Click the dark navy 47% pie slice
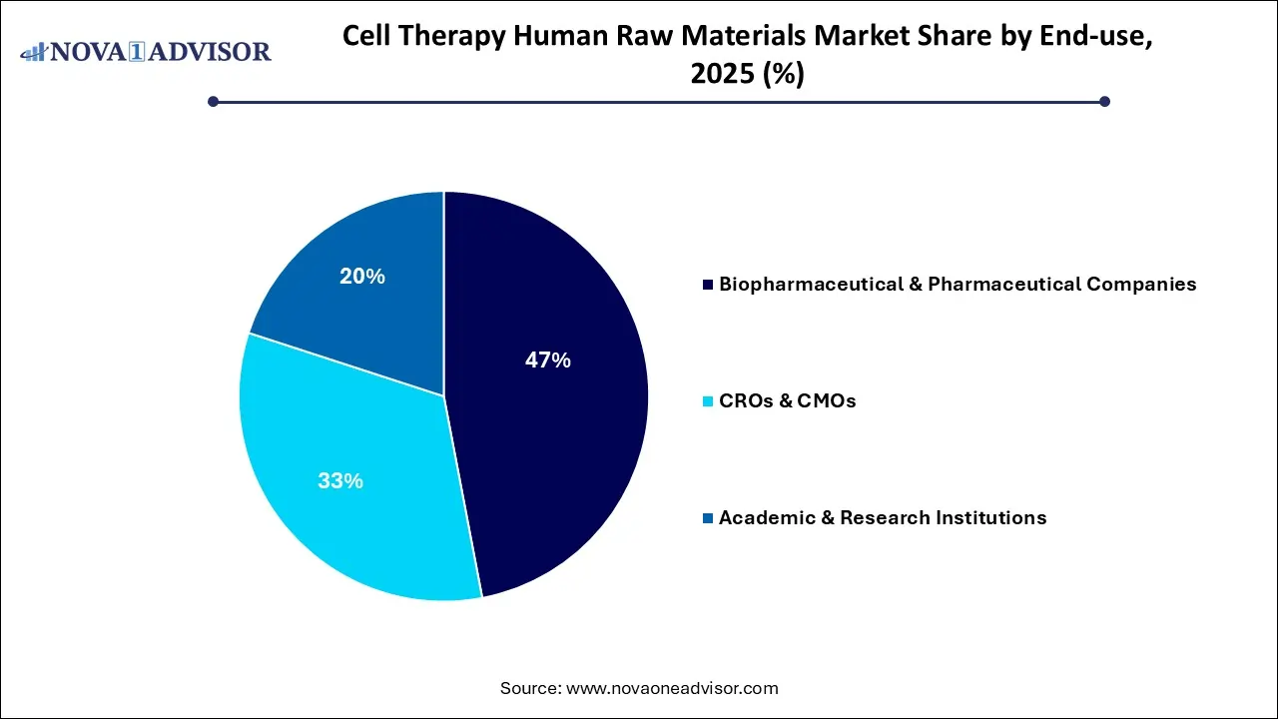coord(559,419)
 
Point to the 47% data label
coord(547,360)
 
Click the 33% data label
coord(339,480)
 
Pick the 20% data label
coord(361,277)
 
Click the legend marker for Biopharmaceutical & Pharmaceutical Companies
coord(708,286)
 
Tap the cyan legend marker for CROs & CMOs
coord(708,401)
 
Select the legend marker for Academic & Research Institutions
coord(708,518)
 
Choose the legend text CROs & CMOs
coord(787,401)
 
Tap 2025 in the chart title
coord(718,74)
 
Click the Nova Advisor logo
coord(146,51)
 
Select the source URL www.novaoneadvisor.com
coord(672,688)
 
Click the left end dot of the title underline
coord(213,101)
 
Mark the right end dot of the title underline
coord(1104,101)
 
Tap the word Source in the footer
coord(529,688)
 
